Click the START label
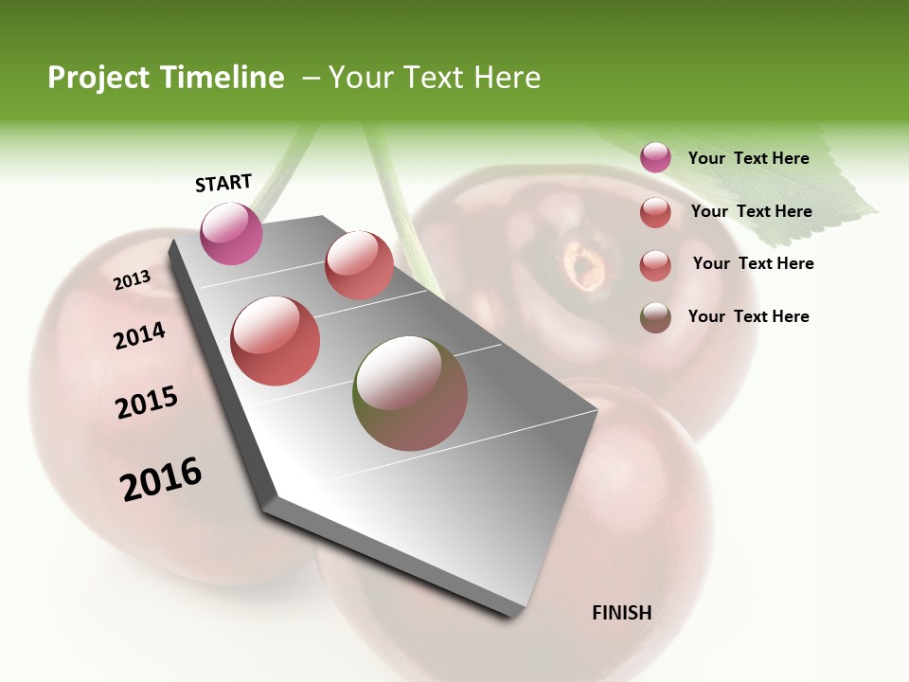223,183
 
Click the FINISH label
621,613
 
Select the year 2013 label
132,280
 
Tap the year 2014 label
139,336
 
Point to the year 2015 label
147,403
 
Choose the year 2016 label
161,479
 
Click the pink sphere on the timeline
232,233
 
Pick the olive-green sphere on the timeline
410,393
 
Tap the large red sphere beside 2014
276,341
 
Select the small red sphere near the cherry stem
359,265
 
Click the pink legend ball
655,157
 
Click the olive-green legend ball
655,317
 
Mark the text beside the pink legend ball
748,158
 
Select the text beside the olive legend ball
748,316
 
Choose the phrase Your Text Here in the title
435,78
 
